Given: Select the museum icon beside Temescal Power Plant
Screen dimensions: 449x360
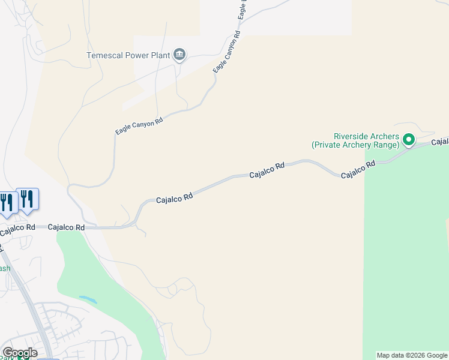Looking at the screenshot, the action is (179, 55).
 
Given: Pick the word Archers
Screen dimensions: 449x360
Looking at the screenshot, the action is (385, 136).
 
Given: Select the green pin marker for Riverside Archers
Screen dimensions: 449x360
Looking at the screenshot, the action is (409, 140).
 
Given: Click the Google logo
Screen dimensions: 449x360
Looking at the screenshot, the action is (20, 353).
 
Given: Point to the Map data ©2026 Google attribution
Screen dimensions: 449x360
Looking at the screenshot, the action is (412, 355).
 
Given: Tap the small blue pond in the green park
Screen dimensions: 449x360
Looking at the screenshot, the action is (87, 298).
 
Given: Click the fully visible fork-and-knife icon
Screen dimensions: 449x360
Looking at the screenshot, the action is (27, 199).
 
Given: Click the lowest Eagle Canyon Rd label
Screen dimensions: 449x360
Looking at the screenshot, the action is (139, 125).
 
